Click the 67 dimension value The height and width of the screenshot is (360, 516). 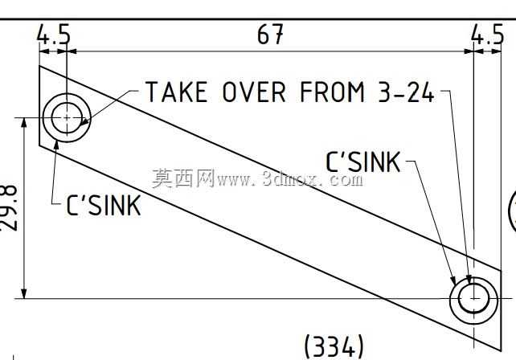[270, 35]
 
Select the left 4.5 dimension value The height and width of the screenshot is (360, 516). [53, 34]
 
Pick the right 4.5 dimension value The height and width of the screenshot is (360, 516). [487, 35]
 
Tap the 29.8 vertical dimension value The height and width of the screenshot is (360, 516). [9, 208]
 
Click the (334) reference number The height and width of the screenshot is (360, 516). [334, 346]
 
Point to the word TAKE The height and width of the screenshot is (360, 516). [176, 92]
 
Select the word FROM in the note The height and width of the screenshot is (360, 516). [333, 92]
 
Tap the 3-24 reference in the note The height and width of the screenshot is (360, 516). [406, 92]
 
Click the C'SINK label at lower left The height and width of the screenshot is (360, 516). [104, 206]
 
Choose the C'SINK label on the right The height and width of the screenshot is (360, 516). [363, 162]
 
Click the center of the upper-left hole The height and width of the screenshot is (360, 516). [67, 117]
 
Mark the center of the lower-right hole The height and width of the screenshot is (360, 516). [474, 298]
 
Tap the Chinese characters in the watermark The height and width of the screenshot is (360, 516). [183, 178]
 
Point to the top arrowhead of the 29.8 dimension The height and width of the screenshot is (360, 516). [24, 123]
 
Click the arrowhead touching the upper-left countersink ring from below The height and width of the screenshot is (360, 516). [56, 145]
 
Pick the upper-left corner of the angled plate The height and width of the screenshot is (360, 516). [39, 66]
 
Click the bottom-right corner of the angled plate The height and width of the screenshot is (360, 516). [501, 351]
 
